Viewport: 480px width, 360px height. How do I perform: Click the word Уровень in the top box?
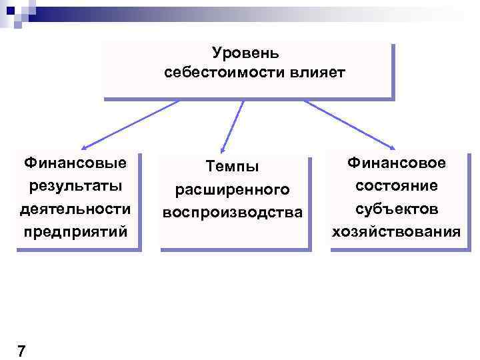click(x=246, y=52)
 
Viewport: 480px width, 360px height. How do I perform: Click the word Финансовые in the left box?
click(x=75, y=162)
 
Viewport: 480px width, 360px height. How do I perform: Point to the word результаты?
click(x=75, y=185)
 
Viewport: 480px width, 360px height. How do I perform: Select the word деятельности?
click(x=75, y=209)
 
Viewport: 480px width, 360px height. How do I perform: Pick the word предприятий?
click(x=75, y=232)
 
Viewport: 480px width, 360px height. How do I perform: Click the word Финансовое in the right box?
click(x=397, y=162)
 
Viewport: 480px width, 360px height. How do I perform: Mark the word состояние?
click(x=397, y=185)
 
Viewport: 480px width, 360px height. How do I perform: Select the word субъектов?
click(x=397, y=209)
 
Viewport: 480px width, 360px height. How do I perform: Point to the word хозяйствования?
click(x=397, y=232)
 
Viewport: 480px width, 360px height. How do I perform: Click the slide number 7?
click(x=21, y=351)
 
